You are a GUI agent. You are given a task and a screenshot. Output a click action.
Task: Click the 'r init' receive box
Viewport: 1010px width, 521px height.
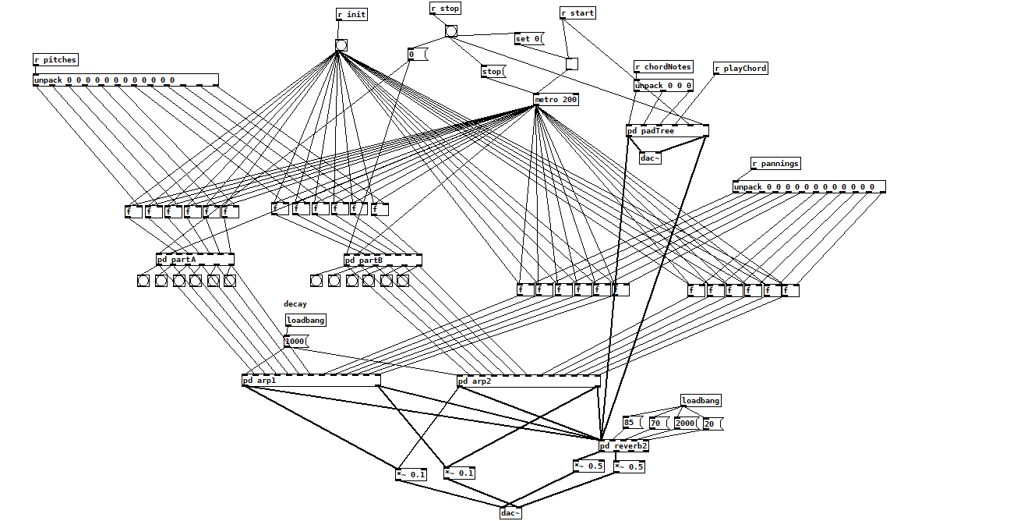[351, 15]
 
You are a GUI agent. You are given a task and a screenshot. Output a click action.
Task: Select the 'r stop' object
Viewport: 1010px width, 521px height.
[445, 9]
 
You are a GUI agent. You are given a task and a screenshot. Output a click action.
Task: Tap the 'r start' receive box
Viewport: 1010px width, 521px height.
[578, 13]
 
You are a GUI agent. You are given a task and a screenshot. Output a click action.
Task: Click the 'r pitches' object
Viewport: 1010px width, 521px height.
[55, 60]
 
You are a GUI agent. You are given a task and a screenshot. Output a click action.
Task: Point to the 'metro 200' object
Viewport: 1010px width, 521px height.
[556, 100]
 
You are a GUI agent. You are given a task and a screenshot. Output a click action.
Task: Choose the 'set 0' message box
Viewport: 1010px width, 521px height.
[529, 39]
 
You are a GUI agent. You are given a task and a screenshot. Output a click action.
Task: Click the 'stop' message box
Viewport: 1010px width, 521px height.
[493, 72]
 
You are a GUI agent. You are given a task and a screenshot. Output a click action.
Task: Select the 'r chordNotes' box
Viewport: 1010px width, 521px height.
[663, 67]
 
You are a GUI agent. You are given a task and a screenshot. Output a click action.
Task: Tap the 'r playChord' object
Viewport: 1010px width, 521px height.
[740, 69]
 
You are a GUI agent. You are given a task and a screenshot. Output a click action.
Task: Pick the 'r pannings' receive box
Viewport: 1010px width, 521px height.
[775, 164]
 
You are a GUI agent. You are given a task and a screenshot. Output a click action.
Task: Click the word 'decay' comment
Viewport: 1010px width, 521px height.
[295, 304]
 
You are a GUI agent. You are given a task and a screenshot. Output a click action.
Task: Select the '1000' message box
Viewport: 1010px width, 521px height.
[296, 342]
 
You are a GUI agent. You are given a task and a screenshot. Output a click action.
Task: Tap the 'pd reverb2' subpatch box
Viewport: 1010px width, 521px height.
[624, 446]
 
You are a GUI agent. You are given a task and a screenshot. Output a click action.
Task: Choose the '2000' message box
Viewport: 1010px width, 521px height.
[686, 424]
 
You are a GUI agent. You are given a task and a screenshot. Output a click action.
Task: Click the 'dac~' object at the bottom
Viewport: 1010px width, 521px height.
[510, 513]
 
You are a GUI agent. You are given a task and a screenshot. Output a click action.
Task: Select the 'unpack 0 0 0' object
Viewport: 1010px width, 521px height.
[663, 86]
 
